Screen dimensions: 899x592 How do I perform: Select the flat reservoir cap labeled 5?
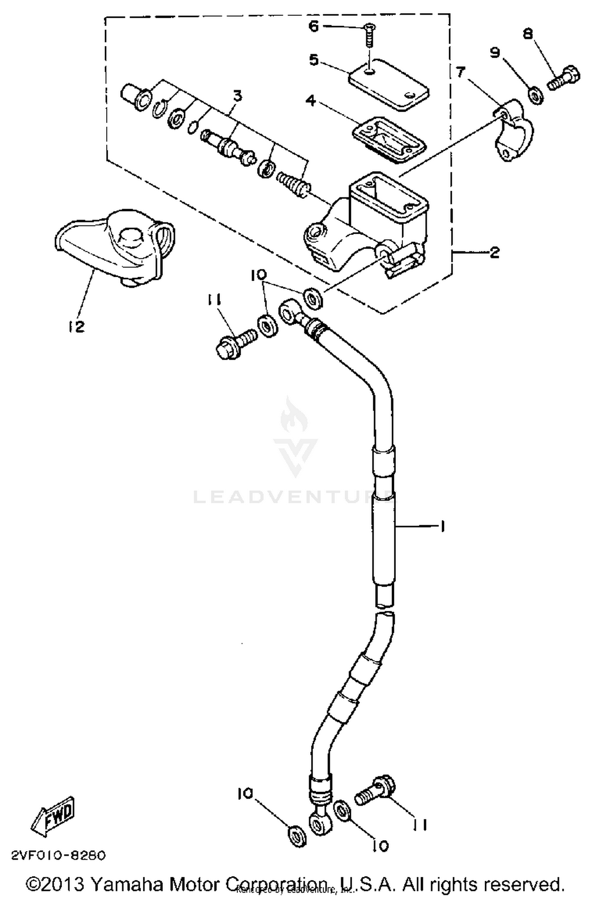(x=389, y=84)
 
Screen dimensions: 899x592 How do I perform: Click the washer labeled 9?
(x=535, y=96)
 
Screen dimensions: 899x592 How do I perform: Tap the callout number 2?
(x=494, y=252)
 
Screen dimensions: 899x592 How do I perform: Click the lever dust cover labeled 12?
(x=114, y=247)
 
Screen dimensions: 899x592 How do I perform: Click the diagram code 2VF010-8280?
(x=58, y=855)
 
